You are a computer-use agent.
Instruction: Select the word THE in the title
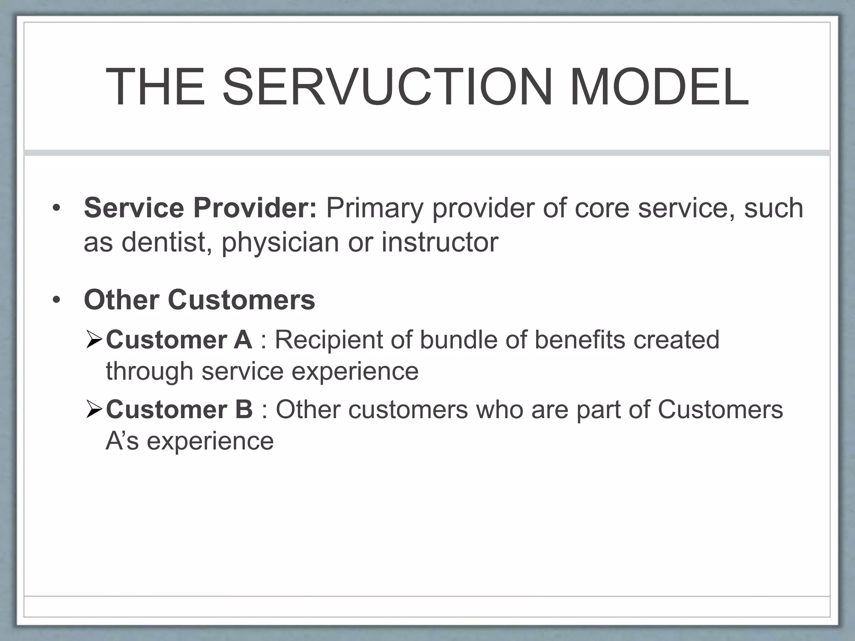[156, 88]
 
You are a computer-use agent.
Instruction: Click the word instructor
[440, 242]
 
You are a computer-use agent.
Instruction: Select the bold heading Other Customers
[200, 300]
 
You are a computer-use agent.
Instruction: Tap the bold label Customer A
[179, 340]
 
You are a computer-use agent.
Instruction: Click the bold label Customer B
[180, 409]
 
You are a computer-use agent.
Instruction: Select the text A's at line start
[122, 441]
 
